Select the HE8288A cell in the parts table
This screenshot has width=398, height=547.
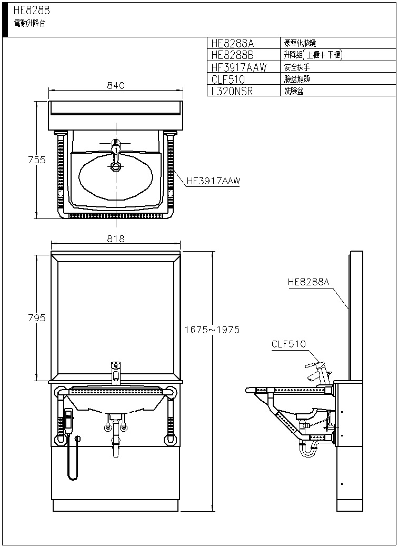click(x=232, y=43)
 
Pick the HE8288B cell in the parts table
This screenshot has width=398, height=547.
click(x=232, y=55)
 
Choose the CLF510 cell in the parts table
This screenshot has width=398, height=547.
click(x=228, y=79)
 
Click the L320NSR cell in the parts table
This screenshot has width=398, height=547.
click(x=232, y=91)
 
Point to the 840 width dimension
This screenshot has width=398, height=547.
click(x=115, y=86)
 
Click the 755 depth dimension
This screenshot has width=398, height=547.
click(x=37, y=160)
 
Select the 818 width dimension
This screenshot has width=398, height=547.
click(x=115, y=238)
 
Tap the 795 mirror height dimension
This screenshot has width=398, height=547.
click(x=37, y=318)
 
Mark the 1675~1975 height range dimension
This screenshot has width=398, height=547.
click(x=212, y=330)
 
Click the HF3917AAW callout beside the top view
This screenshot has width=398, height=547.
click(x=213, y=181)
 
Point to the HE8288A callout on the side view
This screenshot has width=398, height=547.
click(x=309, y=282)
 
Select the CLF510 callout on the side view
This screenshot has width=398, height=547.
click(x=288, y=344)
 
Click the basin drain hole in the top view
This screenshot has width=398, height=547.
click(x=116, y=166)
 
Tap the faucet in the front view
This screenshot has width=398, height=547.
click(x=116, y=372)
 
